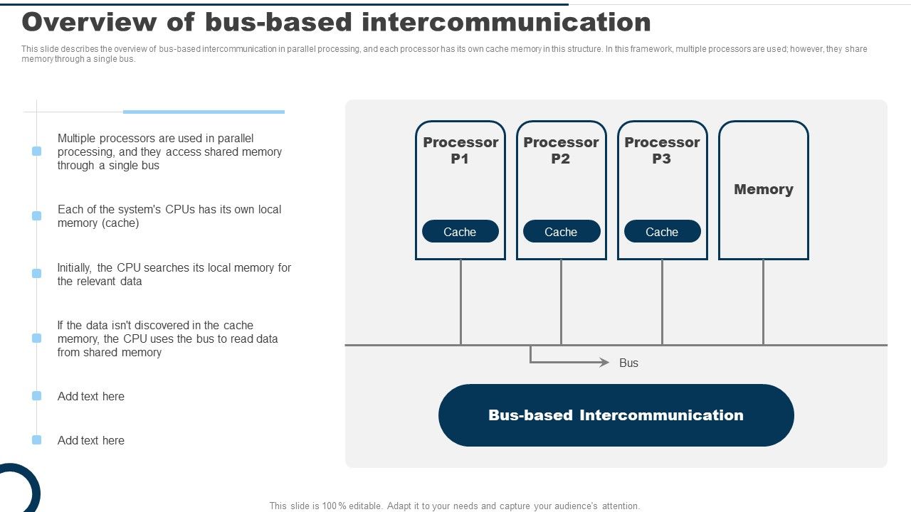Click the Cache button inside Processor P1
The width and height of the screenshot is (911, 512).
tap(460, 232)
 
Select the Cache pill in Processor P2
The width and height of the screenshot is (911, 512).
tap(561, 232)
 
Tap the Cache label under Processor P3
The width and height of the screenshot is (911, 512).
tap(662, 232)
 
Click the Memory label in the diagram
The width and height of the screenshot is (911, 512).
tap(763, 189)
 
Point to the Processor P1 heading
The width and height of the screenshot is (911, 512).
tap(460, 150)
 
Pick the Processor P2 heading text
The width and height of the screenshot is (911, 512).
tap(561, 150)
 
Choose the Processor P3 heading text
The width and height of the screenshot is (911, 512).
tap(662, 150)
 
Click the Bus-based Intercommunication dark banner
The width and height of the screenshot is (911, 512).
tap(616, 415)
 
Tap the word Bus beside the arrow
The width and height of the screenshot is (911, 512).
tap(628, 363)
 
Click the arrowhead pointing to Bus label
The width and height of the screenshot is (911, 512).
tap(605, 363)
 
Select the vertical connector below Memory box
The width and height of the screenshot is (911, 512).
tap(763, 302)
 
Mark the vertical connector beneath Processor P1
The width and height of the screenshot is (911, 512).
tap(460, 302)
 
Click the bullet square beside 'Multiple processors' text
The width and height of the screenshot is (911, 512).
tap(37, 151)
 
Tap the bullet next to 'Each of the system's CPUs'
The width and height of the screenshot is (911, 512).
tap(37, 215)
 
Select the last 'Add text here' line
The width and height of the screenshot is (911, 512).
tap(91, 440)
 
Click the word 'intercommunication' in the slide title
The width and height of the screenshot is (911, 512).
tap(506, 23)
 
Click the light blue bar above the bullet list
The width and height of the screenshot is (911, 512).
tap(204, 112)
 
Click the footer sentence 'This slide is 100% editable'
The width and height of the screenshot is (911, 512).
tap(454, 506)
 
